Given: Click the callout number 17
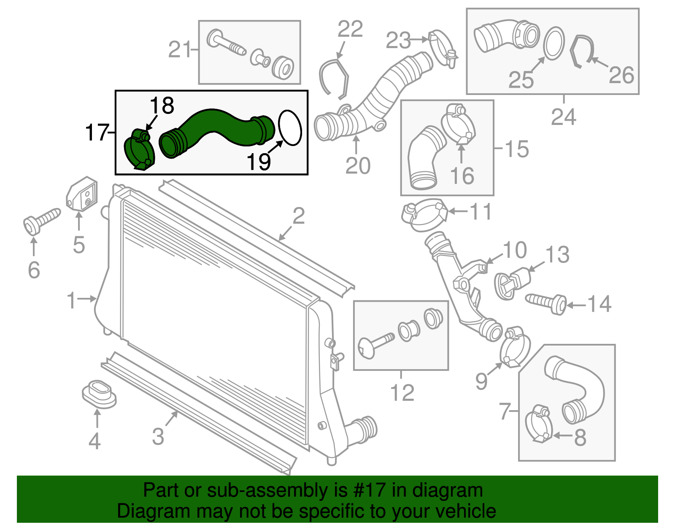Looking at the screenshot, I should [97, 132].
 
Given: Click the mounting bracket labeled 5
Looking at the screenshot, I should [82, 194].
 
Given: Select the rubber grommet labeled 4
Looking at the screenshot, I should [99, 394].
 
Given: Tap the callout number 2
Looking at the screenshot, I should [299, 216].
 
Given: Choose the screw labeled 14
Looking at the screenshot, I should [547, 303].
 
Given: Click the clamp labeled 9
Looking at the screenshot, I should [515, 348].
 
